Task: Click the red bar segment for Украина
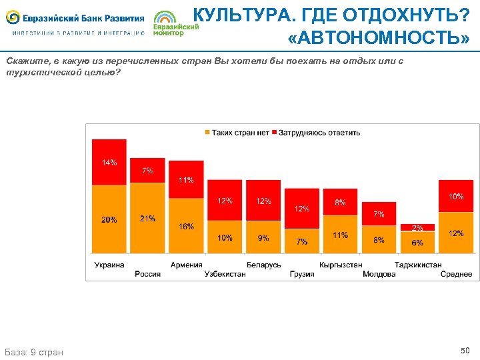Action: coord(109,162)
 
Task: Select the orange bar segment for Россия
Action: coord(147,218)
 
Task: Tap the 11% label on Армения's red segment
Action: coord(186,180)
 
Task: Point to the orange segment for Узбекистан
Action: coord(225,237)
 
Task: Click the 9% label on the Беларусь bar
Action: coord(263,238)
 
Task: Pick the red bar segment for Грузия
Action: coord(302,209)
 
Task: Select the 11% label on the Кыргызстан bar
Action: coord(340,235)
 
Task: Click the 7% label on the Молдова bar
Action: coord(379,214)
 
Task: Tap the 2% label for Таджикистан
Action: coord(417,228)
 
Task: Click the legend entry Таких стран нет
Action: coord(237,133)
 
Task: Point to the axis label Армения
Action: coord(186,265)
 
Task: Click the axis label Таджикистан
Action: coord(417,265)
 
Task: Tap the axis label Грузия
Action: coord(302,274)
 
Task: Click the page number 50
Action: coord(465,350)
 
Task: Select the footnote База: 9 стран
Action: coord(34,351)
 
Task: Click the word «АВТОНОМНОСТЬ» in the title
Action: coord(379,39)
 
